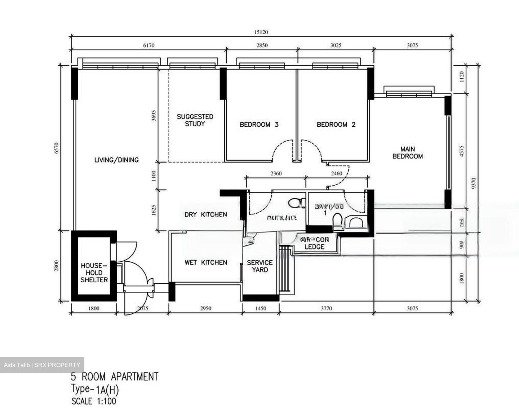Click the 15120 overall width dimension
pyautogui.click(x=261, y=32)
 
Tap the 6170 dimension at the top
pyautogui.click(x=148, y=45)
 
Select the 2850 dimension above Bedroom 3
pyautogui.click(x=262, y=45)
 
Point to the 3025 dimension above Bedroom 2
pyautogui.click(x=336, y=45)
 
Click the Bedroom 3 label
pyautogui.click(x=259, y=125)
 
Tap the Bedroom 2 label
pyautogui.click(x=336, y=125)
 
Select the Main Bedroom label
pyautogui.click(x=407, y=153)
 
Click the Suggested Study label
pyautogui.click(x=195, y=120)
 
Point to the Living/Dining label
pyautogui.click(x=116, y=160)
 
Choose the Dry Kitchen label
pyautogui.click(x=205, y=214)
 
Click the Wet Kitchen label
pyautogui.click(x=206, y=262)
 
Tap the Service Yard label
pyautogui.click(x=259, y=266)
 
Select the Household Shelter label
pyautogui.click(x=94, y=273)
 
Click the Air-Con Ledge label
pyautogui.click(x=314, y=243)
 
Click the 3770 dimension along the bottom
pyautogui.click(x=326, y=309)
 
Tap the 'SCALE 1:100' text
pyautogui.click(x=94, y=401)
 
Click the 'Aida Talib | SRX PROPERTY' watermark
pyautogui.click(x=42, y=365)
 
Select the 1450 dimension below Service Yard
pyautogui.click(x=260, y=309)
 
